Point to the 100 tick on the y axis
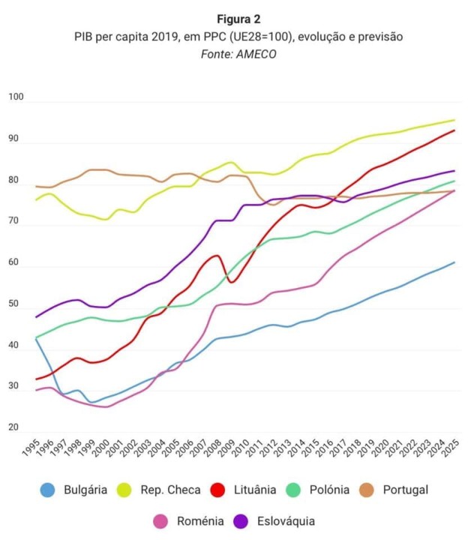coord(16,97)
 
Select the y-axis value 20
coord(13,427)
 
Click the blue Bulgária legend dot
coord(48,490)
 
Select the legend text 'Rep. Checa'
coord(170,490)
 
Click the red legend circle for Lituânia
coord(219,490)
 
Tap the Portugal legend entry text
coord(405,490)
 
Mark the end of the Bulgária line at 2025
coord(454,262)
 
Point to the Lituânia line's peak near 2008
coord(217,256)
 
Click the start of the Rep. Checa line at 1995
coord(36,199)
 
